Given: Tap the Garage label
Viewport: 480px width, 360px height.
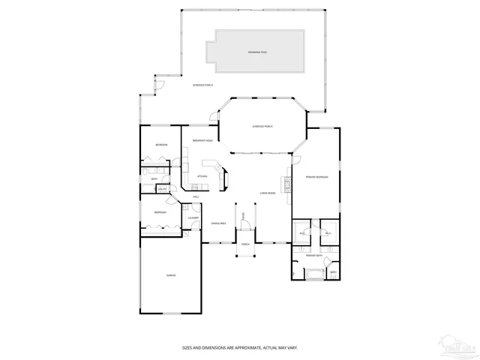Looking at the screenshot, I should click(x=171, y=277).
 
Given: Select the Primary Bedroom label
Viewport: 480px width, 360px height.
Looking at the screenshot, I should click(x=316, y=177).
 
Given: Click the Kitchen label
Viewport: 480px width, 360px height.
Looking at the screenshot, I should click(x=202, y=176).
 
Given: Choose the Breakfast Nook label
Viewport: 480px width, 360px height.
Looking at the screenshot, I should click(x=202, y=141).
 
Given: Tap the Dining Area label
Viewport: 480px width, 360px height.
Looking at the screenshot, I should click(x=218, y=224).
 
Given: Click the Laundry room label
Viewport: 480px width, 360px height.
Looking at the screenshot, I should click(x=193, y=218).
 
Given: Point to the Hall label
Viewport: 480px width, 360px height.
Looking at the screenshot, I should click(x=196, y=196).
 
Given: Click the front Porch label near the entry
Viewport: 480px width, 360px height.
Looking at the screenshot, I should click(x=245, y=244).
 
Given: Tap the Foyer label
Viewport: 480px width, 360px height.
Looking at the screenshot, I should click(x=244, y=216).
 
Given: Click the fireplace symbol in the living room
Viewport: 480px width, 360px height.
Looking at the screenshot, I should click(x=286, y=184).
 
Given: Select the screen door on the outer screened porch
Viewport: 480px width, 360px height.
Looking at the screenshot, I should click(x=158, y=85).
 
